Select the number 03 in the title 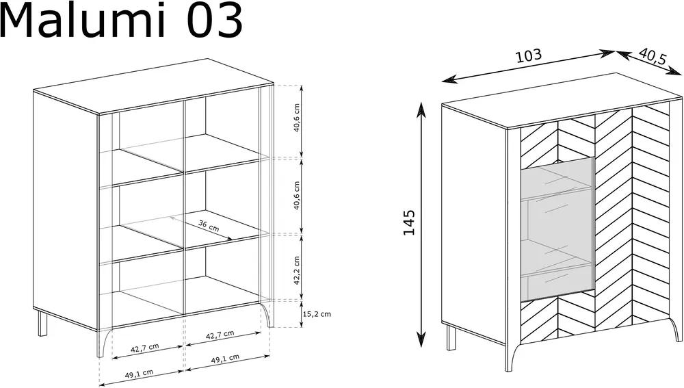point(214,21)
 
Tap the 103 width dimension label point(529,55)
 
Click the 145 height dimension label point(409,222)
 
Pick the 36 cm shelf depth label point(209,226)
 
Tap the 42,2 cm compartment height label point(297,270)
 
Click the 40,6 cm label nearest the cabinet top point(297,118)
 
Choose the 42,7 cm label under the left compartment point(145,348)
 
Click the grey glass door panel point(557,230)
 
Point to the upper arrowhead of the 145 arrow point(421,109)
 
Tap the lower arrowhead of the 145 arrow point(421,339)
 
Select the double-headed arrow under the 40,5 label point(648,63)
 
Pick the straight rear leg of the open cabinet point(42,323)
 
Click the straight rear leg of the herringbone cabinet point(451,337)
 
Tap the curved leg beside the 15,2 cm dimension point(267,314)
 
